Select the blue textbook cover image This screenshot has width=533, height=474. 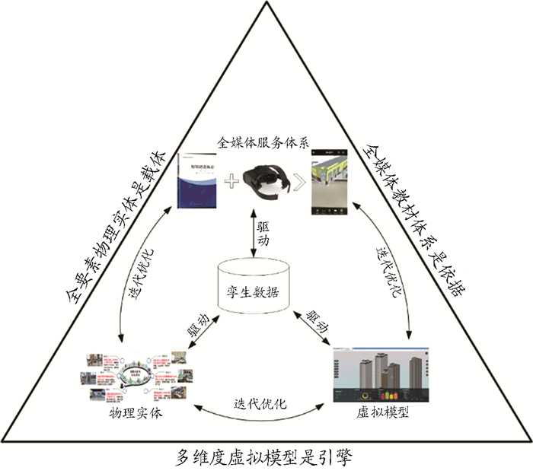(x=197, y=180)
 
